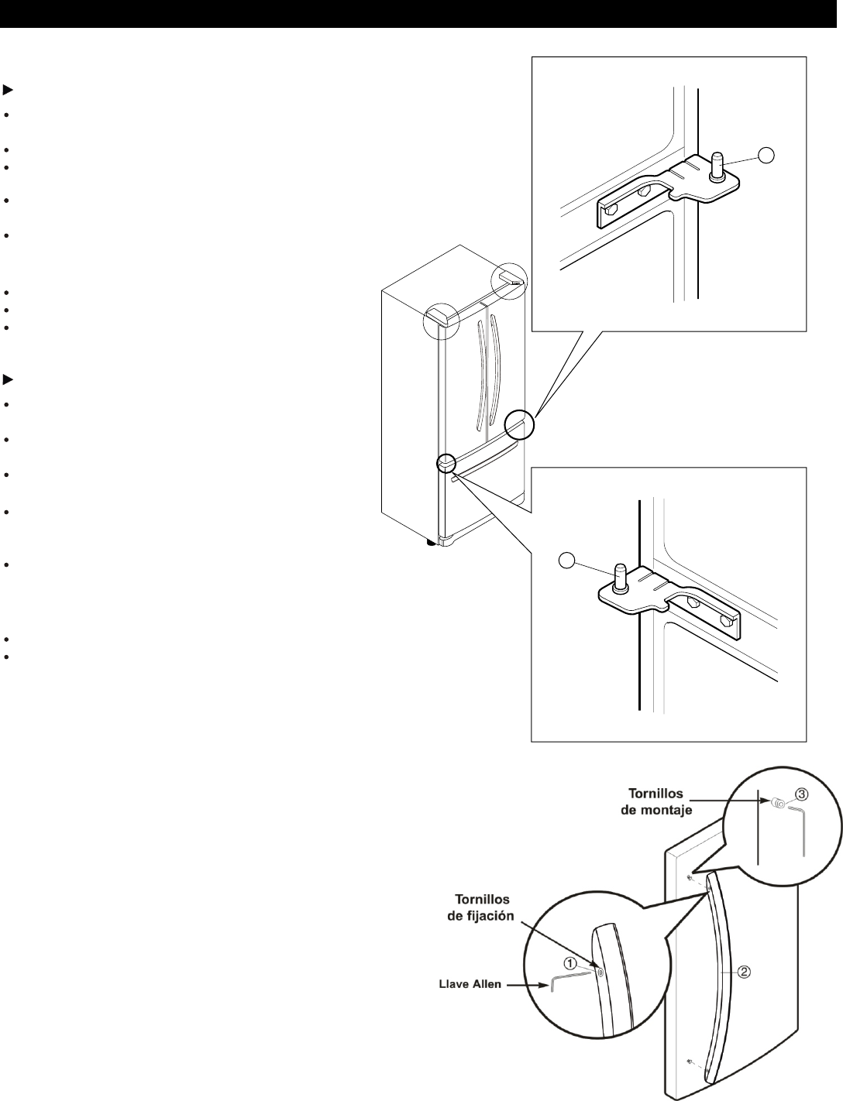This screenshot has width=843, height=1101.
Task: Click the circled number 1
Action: click(x=569, y=964)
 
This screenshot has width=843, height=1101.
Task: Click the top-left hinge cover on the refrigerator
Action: click(x=439, y=316)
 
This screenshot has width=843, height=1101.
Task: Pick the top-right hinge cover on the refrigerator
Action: click(x=511, y=276)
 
